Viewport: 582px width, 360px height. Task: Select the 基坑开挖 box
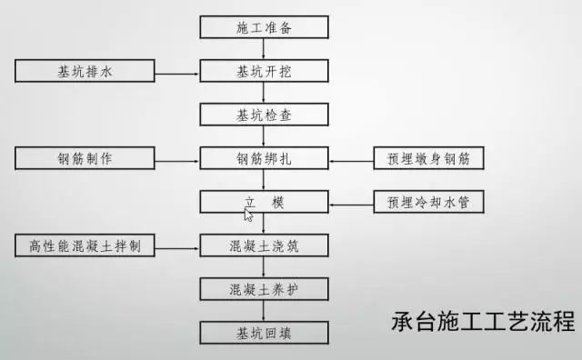(265, 70)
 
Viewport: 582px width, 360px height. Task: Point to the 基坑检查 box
(265, 115)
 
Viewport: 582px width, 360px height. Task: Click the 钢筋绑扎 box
(265, 158)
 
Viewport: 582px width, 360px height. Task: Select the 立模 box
(265, 201)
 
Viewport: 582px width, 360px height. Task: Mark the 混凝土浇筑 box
(265, 245)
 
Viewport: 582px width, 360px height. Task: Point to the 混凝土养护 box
(265, 289)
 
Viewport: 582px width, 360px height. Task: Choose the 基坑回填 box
(265, 332)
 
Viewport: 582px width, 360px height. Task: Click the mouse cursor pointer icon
(248, 215)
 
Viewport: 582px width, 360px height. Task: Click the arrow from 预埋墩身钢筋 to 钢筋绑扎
(351, 158)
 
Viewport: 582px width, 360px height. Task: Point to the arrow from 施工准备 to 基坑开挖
(265, 48)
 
